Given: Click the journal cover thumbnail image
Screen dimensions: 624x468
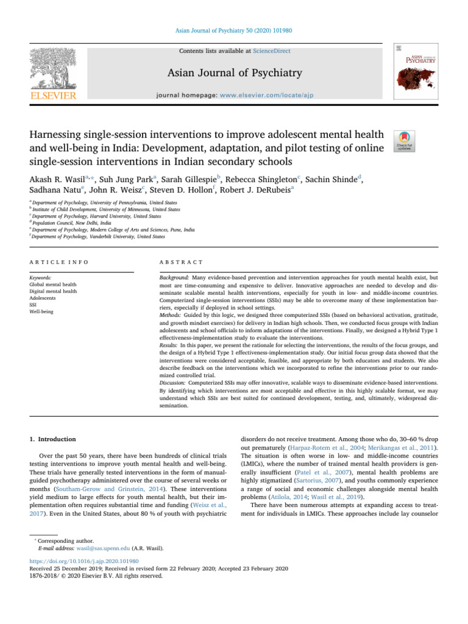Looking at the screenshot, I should pyautogui.click(x=417, y=72).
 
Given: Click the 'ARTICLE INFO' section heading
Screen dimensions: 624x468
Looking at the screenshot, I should pyautogui.click(x=58, y=261).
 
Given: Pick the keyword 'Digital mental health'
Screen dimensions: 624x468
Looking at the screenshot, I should pyautogui.click(x=53, y=291).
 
